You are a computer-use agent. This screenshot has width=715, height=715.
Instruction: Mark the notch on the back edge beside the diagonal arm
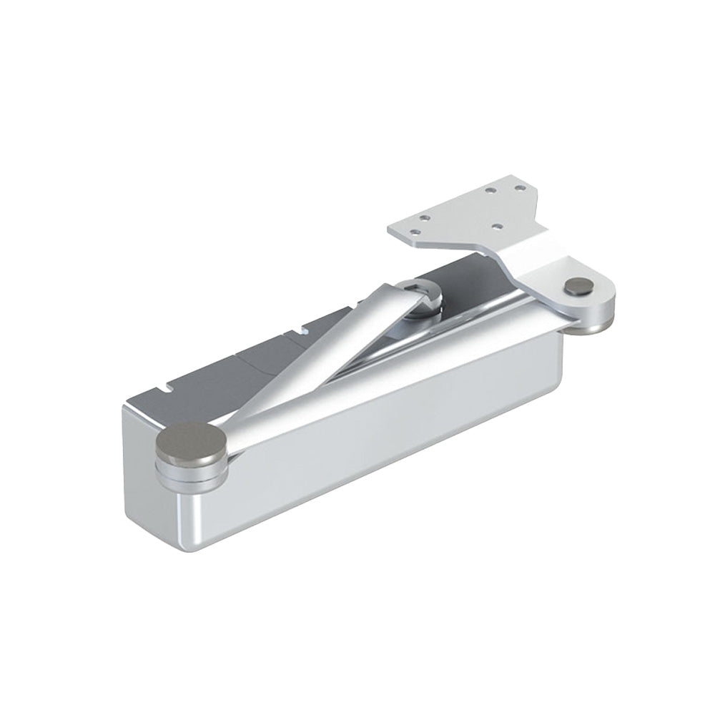(x=305, y=330)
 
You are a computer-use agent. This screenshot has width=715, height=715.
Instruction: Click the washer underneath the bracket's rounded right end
(x=593, y=322)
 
